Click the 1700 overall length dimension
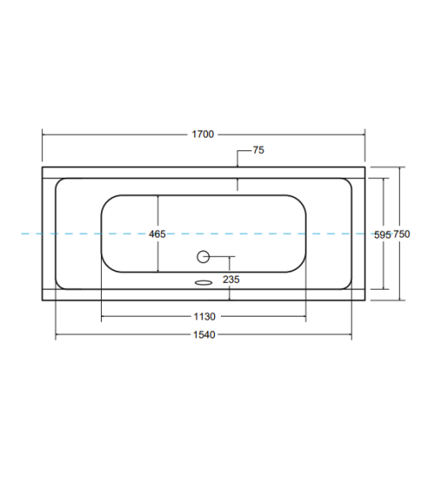tap(203, 134)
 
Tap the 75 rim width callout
tap(259, 150)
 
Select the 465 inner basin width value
tap(157, 234)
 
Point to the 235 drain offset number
tap(231, 279)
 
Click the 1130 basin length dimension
tap(205, 316)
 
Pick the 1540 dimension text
tap(204, 335)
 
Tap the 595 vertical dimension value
tap(383, 235)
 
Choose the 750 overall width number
tap(401, 234)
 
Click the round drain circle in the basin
tap(203, 256)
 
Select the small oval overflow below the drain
tap(204, 282)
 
